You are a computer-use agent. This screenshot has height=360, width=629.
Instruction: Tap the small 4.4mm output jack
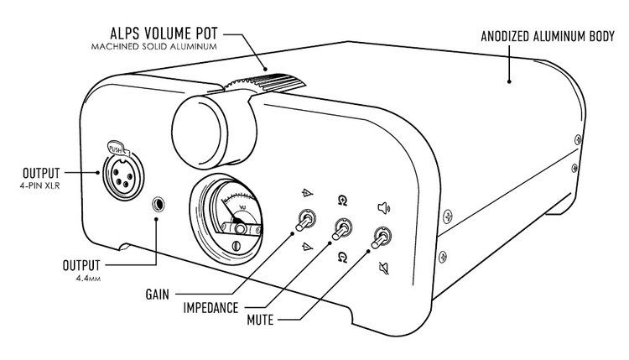tap(157, 204)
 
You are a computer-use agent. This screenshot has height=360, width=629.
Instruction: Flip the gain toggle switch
tap(304, 222)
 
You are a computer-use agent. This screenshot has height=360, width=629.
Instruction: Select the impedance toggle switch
tap(342, 227)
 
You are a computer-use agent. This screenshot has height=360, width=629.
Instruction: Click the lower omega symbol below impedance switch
tap(342, 256)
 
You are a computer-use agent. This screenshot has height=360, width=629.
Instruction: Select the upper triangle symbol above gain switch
tap(306, 193)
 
